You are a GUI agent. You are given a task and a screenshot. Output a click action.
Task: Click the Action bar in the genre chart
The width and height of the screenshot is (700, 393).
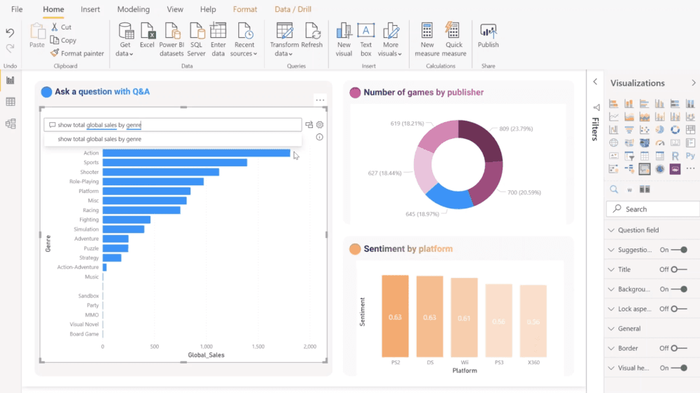tap(196, 153)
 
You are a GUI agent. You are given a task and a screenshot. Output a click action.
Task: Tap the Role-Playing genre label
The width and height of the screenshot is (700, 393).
tap(84, 181)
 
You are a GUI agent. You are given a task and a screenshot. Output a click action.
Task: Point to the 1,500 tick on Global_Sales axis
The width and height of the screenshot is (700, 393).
tap(258, 347)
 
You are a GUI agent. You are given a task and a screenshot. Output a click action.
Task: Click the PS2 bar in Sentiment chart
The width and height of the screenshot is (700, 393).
tap(395, 316)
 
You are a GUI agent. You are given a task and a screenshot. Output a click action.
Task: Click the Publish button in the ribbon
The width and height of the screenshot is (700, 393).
tap(488, 36)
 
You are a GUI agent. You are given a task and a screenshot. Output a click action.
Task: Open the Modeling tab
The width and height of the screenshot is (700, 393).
tap(134, 10)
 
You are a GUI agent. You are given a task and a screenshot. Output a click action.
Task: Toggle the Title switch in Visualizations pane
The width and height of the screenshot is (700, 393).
tap(678, 269)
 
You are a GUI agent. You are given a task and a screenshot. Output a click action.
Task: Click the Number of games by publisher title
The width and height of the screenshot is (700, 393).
tap(423, 92)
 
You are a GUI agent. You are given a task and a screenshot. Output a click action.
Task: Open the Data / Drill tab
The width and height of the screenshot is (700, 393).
tap(292, 10)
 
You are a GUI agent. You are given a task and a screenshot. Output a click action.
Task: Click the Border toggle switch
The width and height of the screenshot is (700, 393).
tap(678, 348)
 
